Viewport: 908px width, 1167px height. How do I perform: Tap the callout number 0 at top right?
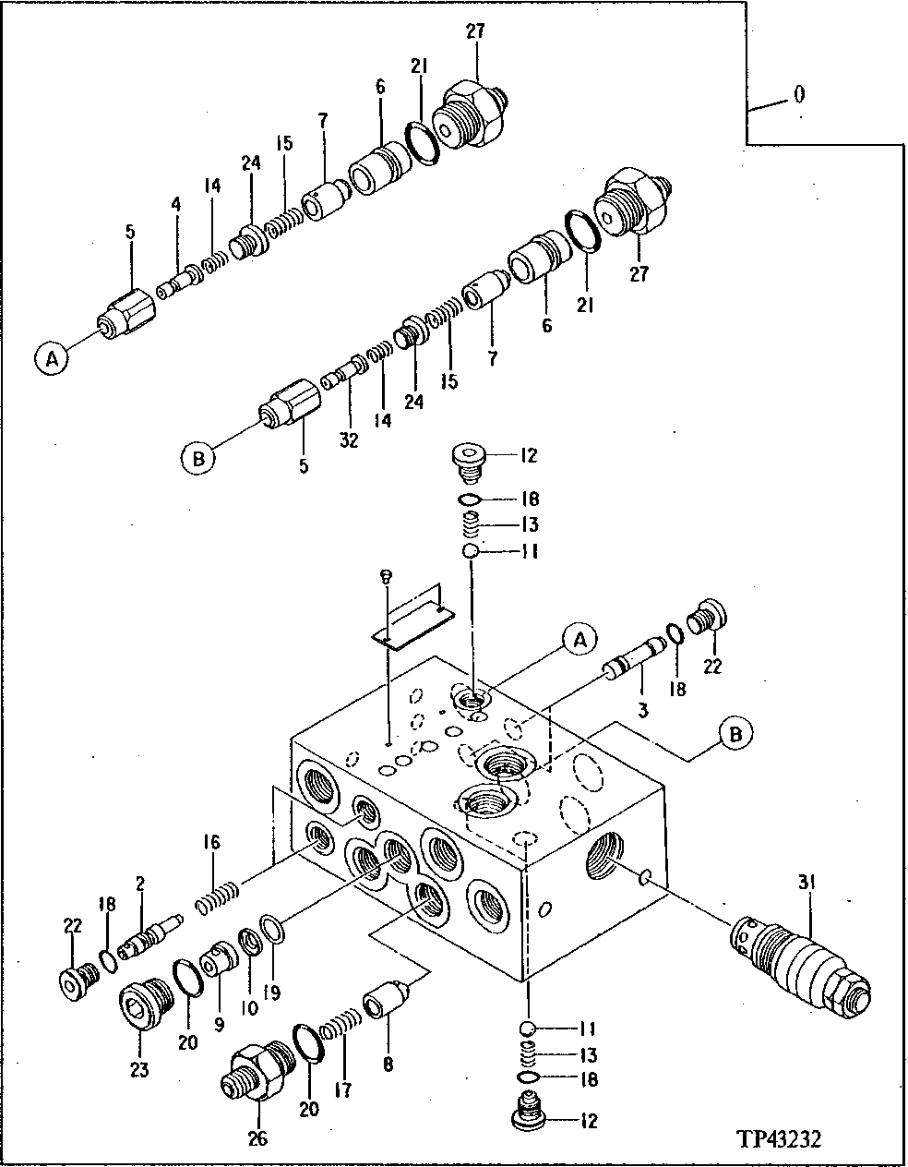coord(798,95)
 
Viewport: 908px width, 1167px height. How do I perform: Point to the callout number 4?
coord(175,224)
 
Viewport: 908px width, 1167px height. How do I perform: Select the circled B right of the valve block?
coord(735,733)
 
